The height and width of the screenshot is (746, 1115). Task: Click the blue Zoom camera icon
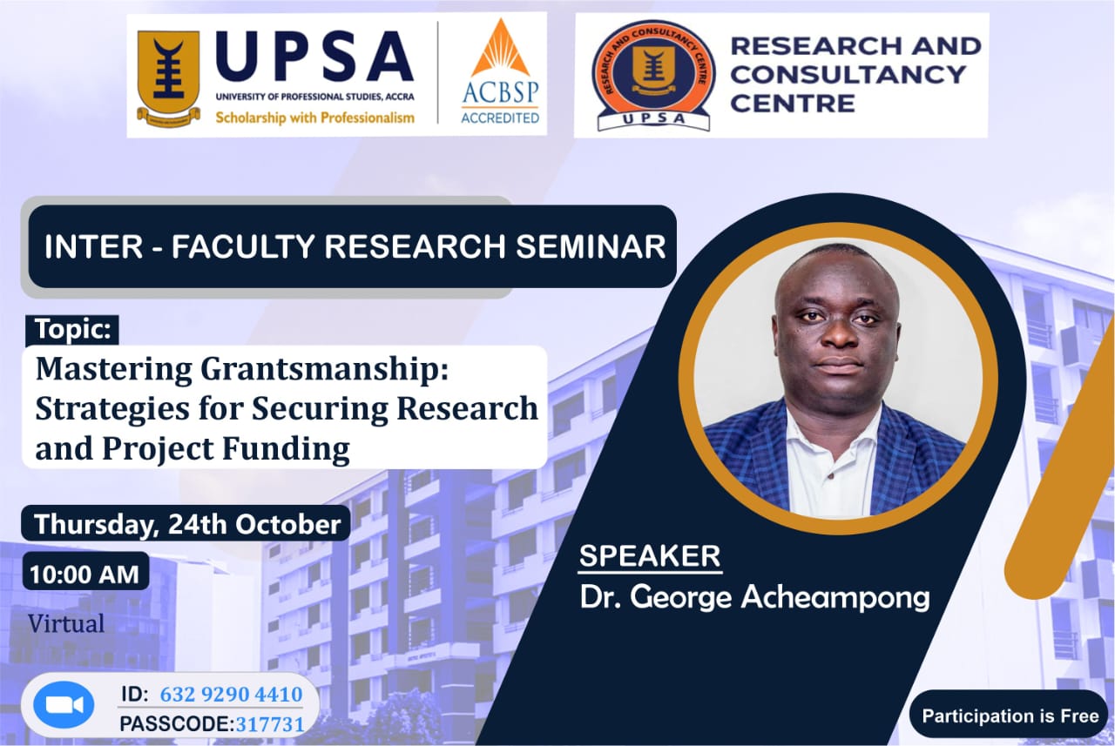tap(64, 705)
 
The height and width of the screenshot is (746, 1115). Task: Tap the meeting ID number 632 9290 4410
tap(232, 695)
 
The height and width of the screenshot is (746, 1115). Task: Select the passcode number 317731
tap(270, 724)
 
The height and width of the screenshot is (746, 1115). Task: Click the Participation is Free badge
tap(1010, 716)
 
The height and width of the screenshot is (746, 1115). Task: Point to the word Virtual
tap(66, 623)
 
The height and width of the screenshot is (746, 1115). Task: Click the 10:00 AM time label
tap(85, 575)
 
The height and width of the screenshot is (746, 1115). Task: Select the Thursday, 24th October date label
tap(186, 524)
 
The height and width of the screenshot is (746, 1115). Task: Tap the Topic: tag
tap(72, 330)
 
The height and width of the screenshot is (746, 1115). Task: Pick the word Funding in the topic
tap(287, 448)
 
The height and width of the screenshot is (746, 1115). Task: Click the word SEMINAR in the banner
tap(591, 246)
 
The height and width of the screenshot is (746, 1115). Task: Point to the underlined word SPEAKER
tap(650, 555)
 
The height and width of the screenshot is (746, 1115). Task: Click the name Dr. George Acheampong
tap(754, 597)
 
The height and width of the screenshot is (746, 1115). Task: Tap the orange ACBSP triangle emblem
tap(500, 48)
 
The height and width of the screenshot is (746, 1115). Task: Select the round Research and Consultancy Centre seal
tap(653, 75)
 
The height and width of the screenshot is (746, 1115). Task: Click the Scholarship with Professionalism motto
tap(314, 118)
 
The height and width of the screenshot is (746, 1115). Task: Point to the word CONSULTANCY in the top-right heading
tap(848, 75)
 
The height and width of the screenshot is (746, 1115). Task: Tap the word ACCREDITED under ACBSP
tap(500, 118)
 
